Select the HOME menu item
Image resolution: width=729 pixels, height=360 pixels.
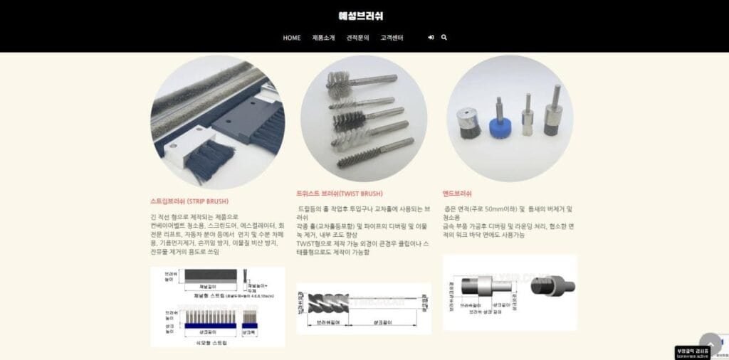[292, 38]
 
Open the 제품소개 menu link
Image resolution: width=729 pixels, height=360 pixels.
[323, 38]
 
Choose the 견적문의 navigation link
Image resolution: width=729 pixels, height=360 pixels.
[357, 38]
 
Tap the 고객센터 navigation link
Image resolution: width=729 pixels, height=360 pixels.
[392, 38]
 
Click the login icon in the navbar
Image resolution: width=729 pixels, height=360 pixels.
[431, 38]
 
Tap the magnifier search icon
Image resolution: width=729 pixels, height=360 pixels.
[444, 38]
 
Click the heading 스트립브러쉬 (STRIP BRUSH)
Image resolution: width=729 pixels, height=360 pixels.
[189, 201]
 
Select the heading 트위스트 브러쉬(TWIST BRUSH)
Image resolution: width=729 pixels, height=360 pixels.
[340, 194]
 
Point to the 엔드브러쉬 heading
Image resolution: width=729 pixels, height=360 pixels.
[457, 194]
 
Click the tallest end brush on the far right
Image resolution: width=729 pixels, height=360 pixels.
[552, 115]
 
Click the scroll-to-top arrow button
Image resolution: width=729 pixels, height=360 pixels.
[710, 344]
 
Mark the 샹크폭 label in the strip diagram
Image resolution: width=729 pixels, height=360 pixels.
[250, 332]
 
